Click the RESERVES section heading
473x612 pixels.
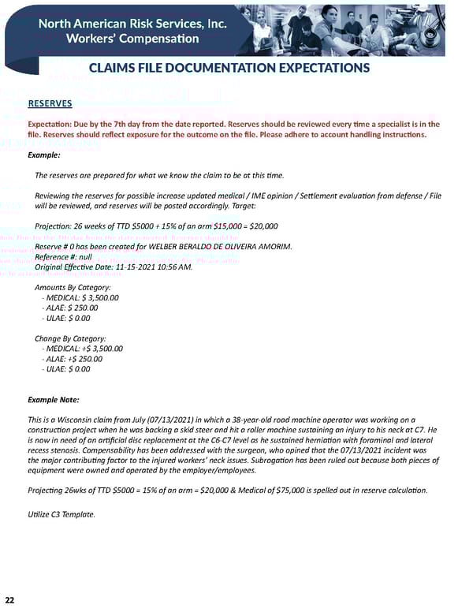(50, 103)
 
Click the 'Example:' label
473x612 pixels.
(44, 155)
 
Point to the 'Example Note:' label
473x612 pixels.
(53, 400)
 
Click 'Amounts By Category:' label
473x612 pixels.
(73, 288)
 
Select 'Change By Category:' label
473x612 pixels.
(70, 338)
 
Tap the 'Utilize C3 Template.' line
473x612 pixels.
(61, 514)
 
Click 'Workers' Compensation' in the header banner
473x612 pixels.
(132, 39)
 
